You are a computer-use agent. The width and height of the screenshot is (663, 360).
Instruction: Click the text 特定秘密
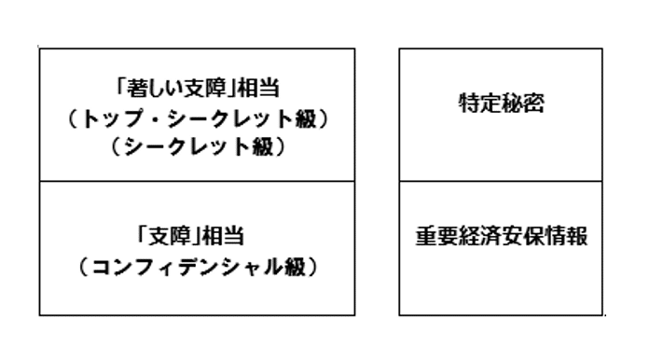tap(501, 104)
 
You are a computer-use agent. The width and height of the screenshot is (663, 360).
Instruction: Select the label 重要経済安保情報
tap(501, 236)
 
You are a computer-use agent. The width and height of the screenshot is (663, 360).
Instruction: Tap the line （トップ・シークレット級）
tap(197, 119)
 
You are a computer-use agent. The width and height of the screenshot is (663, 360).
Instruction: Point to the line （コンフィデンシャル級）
tap(197, 267)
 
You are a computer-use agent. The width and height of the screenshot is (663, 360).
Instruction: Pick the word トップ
tap(112, 119)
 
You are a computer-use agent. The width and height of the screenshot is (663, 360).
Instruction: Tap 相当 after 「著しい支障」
tap(258, 89)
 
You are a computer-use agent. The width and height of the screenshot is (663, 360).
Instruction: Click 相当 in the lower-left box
tap(223, 236)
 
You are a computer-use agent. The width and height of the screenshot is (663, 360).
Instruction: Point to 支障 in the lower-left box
tap(169, 236)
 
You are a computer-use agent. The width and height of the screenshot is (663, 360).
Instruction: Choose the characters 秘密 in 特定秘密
tap(522, 104)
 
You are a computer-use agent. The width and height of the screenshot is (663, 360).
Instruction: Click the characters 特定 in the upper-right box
tap(480, 104)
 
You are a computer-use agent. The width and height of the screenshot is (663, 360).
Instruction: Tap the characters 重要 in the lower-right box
tap(436, 236)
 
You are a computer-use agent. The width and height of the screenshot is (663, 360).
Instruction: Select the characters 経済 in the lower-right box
tap(480, 236)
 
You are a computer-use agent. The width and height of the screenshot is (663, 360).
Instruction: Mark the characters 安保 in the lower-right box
tap(523, 236)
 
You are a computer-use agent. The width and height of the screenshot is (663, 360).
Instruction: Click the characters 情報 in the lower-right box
tap(566, 236)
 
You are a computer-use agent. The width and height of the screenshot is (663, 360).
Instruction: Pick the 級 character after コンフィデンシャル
tap(296, 267)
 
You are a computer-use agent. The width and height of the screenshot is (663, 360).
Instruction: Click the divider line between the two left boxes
tap(197, 181)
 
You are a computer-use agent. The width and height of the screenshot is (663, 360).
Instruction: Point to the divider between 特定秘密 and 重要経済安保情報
tap(501, 181)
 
